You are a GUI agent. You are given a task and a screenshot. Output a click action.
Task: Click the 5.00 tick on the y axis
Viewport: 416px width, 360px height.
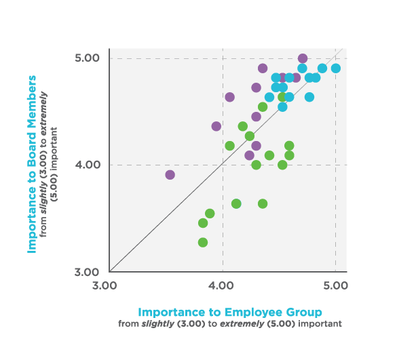(x=88, y=58)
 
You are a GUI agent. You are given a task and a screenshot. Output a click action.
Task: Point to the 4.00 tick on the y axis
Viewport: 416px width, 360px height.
(x=88, y=165)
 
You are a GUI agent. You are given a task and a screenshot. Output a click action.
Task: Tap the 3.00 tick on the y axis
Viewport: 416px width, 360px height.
(x=88, y=271)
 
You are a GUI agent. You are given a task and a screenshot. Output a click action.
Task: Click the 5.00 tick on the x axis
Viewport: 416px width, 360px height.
(x=335, y=285)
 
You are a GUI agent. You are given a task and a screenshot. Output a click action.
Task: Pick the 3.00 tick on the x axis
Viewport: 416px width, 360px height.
(x=109, y=285)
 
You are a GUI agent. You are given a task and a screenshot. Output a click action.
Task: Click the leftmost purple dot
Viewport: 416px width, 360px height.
(x=170, y=175)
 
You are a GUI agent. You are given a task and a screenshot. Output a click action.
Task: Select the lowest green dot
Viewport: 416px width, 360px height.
(x=203, y=242)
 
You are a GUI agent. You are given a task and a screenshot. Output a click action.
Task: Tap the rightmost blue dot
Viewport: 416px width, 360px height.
(x=335, y=68)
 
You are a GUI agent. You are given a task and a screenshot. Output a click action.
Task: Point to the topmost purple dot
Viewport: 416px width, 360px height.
(x=303, y=58)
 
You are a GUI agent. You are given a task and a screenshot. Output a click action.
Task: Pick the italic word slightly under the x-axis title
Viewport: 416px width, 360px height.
(x=158, y=323)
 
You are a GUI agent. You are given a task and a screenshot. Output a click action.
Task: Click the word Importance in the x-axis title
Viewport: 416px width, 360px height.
(x=171, y=312)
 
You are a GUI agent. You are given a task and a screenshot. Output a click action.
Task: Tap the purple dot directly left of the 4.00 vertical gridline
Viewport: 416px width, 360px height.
(x=216, y=126)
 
